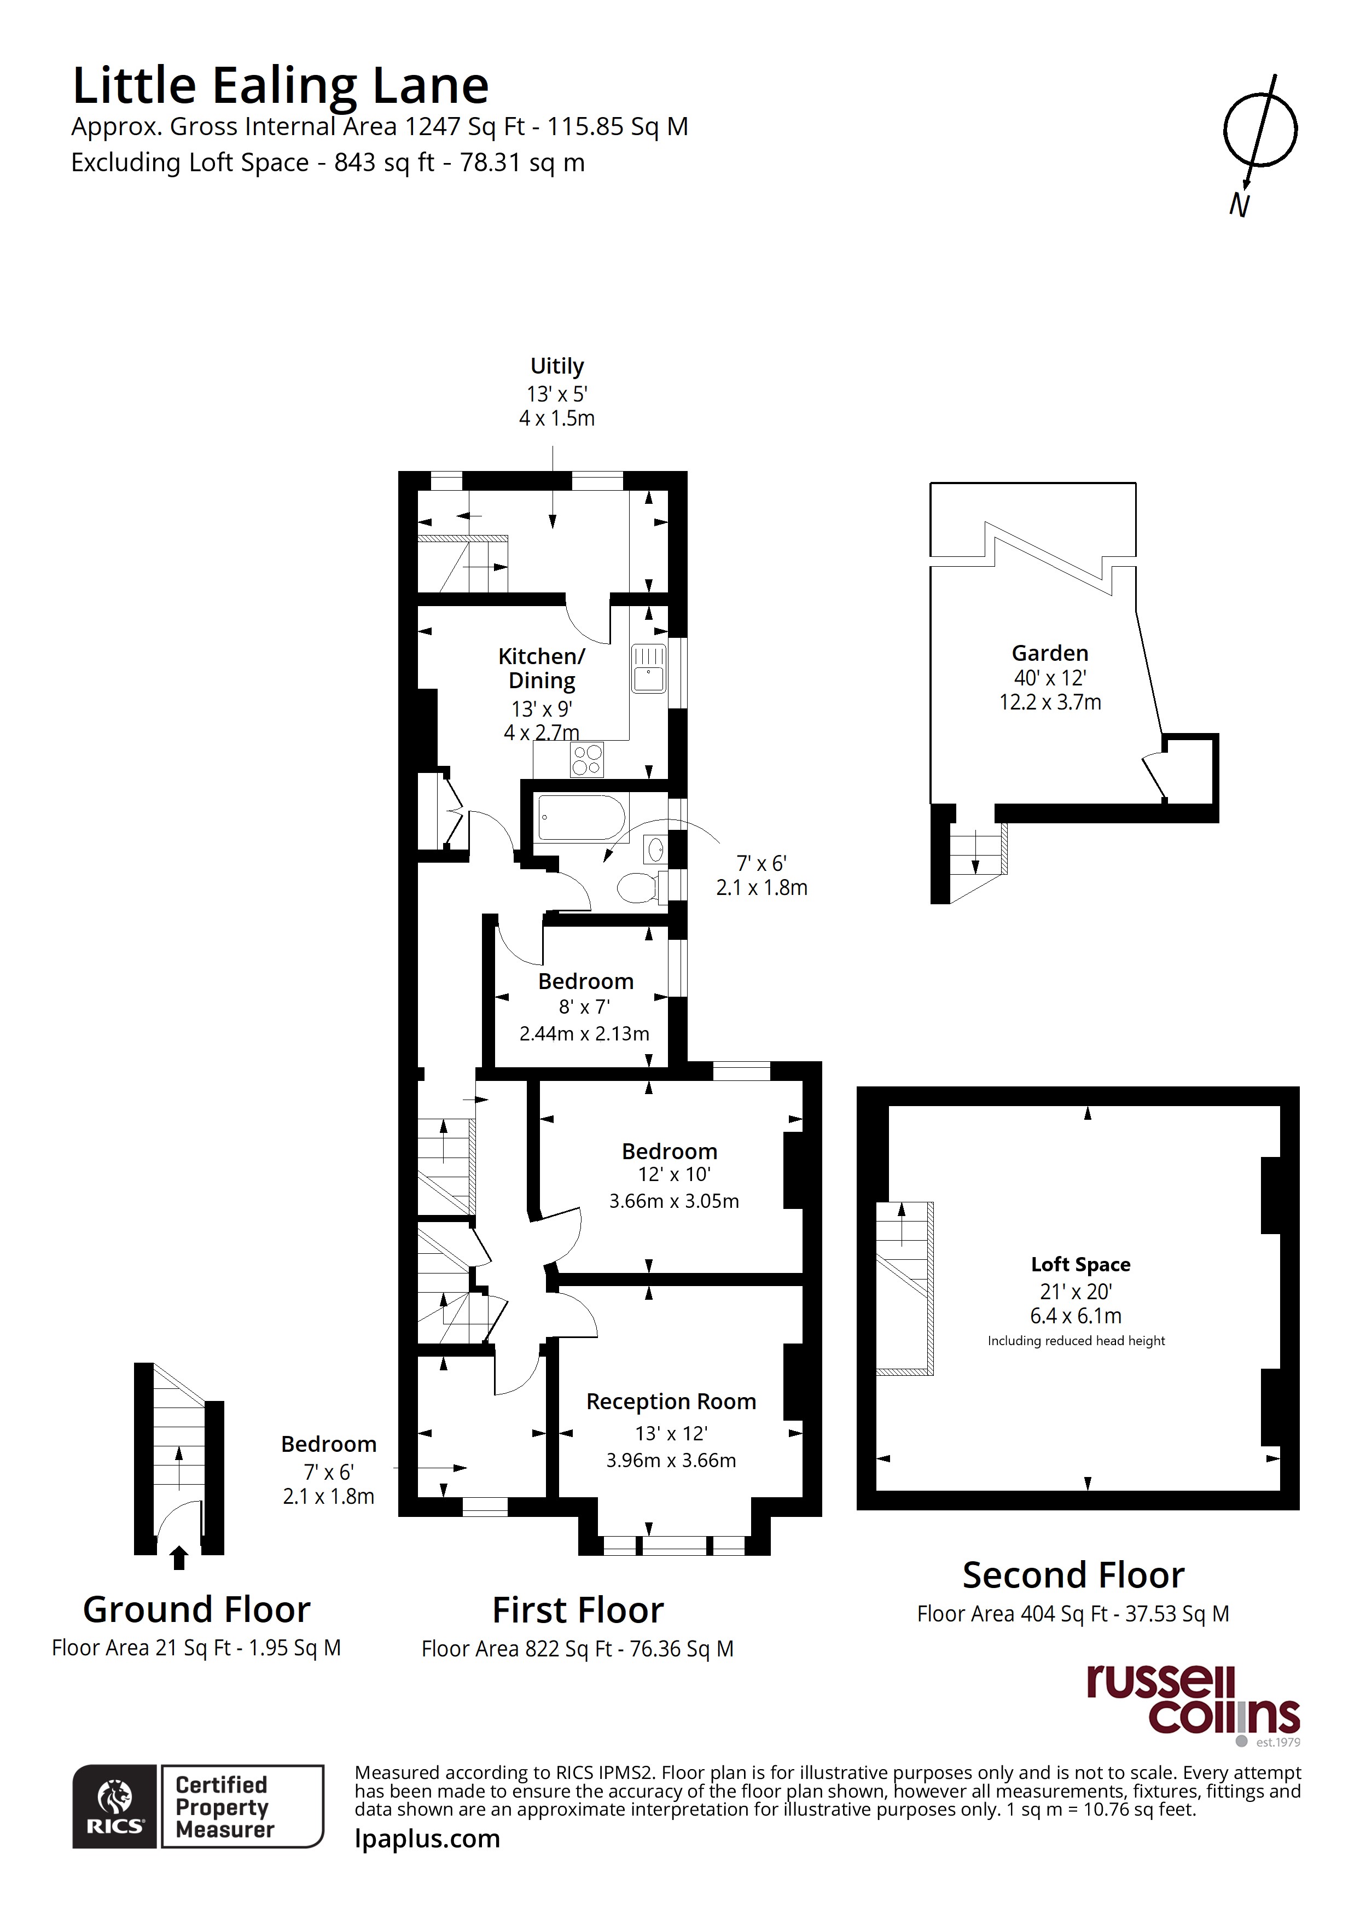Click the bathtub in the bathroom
coord(581,817)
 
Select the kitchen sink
coord(648,668)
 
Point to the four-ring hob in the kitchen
coord(587,760)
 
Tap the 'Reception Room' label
coord(671,1402)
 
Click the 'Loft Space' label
coord(1081,1264)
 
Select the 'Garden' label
coord(1050,653)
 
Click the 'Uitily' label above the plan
coord(557,366)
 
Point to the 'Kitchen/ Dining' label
coord(542,668)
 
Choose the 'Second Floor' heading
coord(1073,1575)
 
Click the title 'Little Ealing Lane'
coord(280,86)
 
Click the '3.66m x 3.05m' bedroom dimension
coord(674,1201)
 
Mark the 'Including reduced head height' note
coord(1076,1340)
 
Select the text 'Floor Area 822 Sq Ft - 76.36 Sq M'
coord(578,1649)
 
